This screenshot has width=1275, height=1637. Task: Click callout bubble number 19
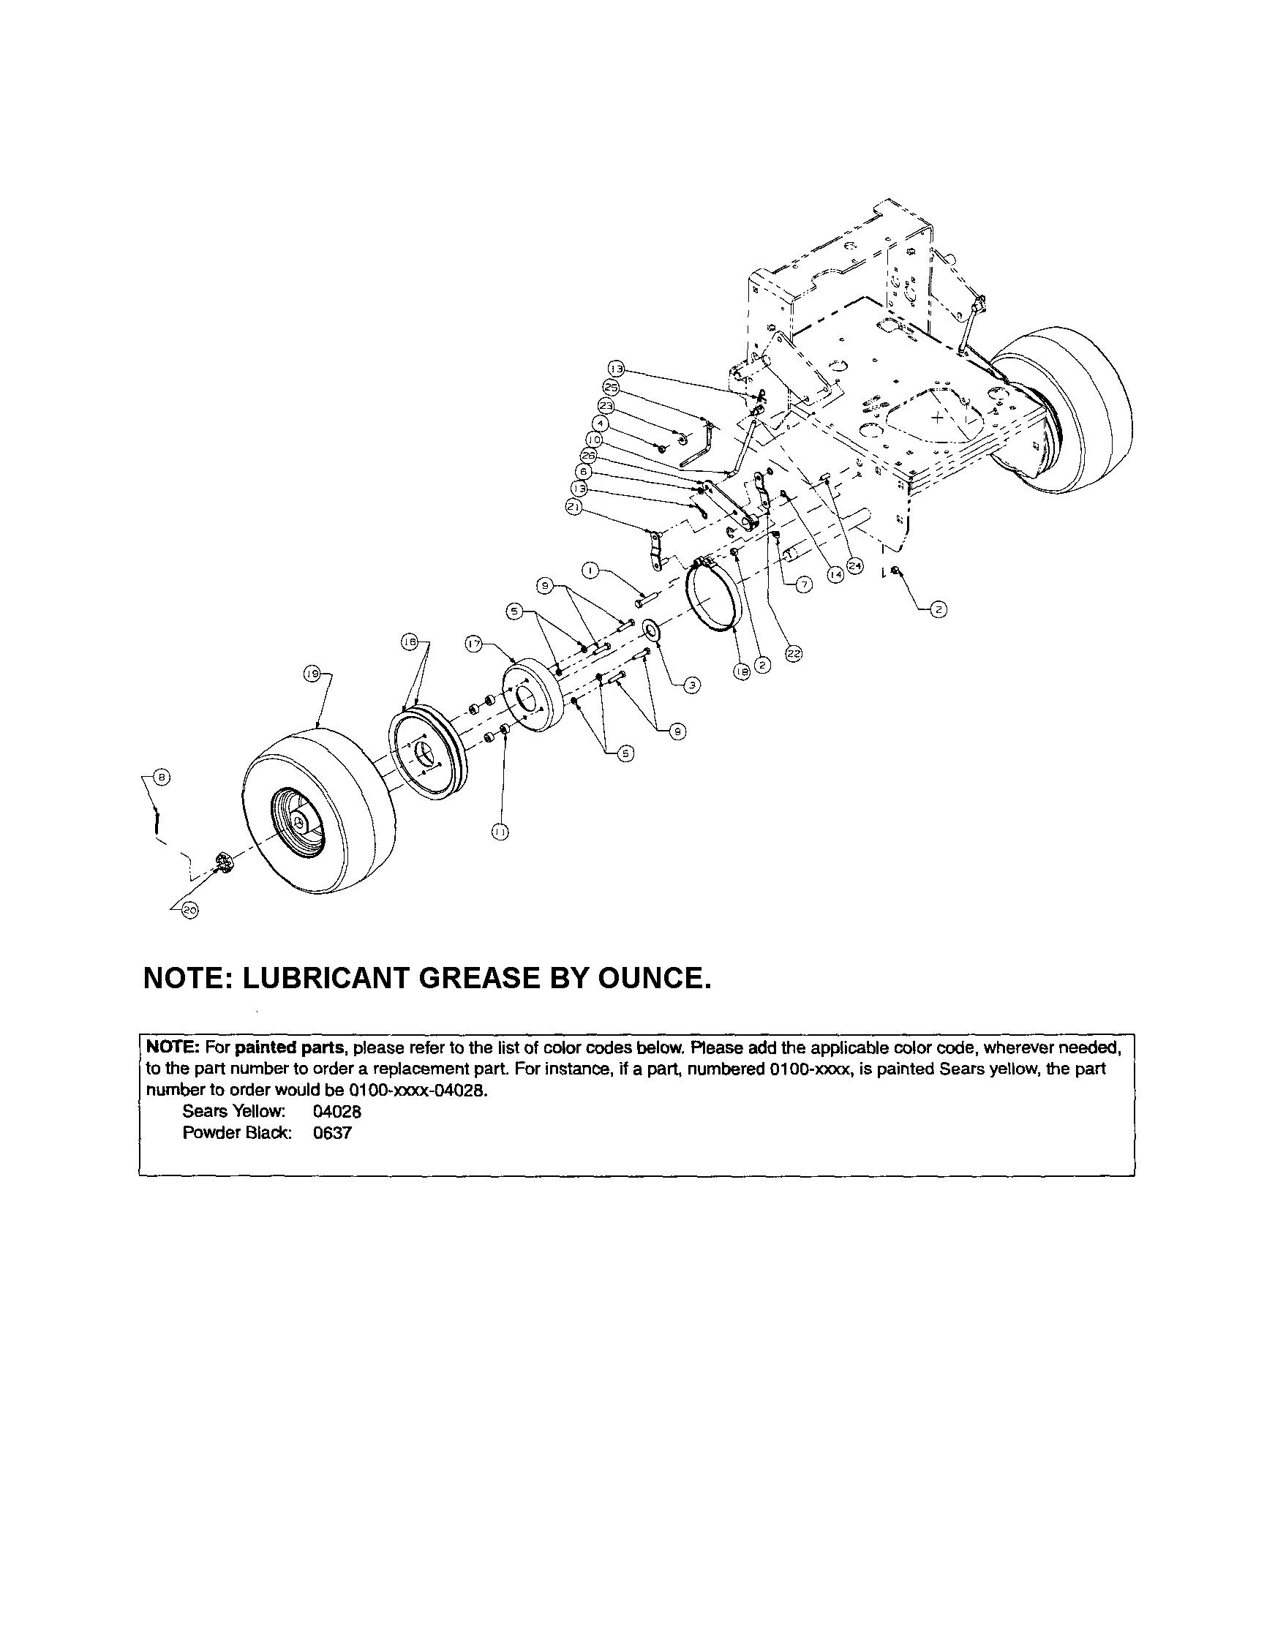pyautogui.click(x=311, y=674)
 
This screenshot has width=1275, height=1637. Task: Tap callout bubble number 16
pyautogui.click(x=409, y=642)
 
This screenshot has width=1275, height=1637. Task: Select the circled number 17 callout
pyautogui.click(x=473, y=643)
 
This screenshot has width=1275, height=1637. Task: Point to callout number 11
pyautogui.click(x=500, y=830)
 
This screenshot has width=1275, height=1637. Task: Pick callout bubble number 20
pyautogui.click(x=190, y=911)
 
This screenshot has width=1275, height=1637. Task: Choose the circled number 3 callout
pyautogui.click(x=692, y=685)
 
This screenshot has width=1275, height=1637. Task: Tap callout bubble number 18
pyautogui.click(x=741, y=673)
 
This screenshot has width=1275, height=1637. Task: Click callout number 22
pyautogui.click(x=793, y=654)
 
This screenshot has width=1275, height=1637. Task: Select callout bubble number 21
pyautogui.click(x=574, y=508)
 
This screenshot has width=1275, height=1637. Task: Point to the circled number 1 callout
pyautogui.click(x=590, y=571)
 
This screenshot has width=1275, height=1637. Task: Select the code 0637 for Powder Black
pyautogui.click(x=333, y=1132)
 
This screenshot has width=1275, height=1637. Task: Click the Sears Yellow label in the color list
pyautogui.click(x=234, y=1112)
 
